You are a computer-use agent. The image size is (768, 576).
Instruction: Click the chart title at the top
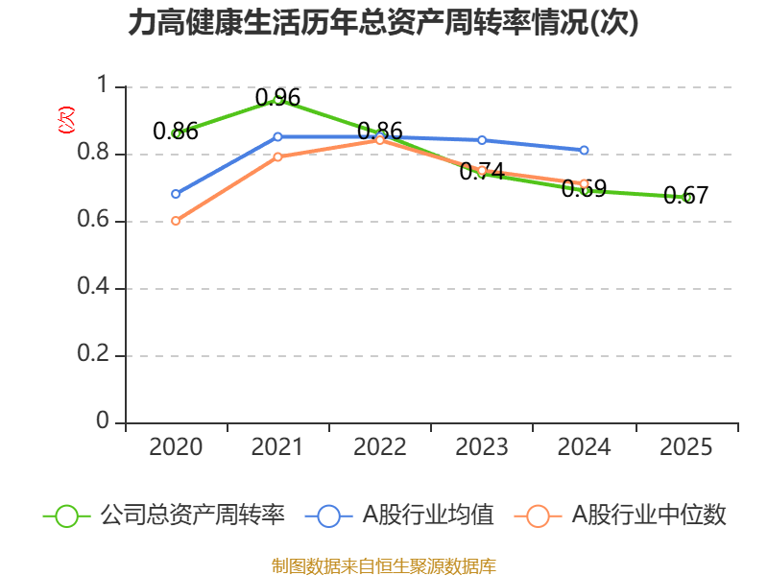coord(383,22)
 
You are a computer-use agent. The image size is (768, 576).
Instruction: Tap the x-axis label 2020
coord(176,446)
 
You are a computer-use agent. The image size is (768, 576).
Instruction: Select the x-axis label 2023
coord(482,446)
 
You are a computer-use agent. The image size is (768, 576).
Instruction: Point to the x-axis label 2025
coord(685,446)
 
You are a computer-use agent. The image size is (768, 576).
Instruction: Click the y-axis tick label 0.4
coord(93,285)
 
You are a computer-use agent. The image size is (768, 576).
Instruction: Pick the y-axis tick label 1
coord(103,84)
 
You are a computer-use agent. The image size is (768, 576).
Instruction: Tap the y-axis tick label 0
coord(103,420)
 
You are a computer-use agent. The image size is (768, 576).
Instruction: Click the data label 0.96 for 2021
coord(277,98)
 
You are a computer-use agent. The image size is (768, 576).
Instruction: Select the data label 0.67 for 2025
coord(685,196)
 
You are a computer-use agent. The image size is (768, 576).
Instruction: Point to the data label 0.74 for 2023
coord(482,172)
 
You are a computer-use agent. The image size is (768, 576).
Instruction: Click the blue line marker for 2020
coord(176,194)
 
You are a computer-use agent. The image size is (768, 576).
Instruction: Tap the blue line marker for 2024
coord(584,151)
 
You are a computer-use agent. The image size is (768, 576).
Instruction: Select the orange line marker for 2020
coord(176,221)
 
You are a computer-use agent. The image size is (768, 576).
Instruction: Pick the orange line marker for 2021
coord(277,156)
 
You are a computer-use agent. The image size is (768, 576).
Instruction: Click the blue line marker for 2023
coord(482,140)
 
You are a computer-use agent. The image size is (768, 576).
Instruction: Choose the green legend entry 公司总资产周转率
coord(164,516)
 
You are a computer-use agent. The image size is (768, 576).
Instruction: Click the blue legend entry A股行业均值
coord(399,516)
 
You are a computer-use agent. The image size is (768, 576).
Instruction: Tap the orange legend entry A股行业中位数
coord(620,516)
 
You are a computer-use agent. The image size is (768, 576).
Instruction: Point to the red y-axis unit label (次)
coord(66,120)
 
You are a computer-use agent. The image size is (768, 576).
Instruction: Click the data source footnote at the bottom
coord(384,566)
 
